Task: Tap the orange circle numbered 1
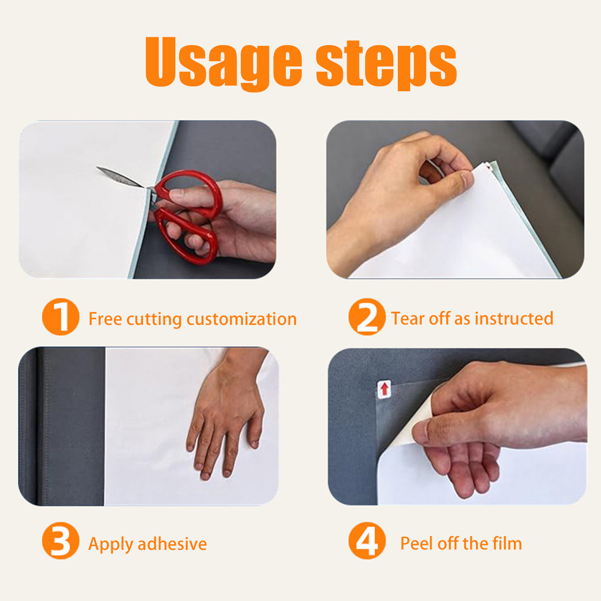[x=61, y=317]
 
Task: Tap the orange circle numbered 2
[x=367, y=317]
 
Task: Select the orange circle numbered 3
[x=61, y=541]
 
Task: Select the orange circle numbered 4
[x=367, y=541]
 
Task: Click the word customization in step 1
[x=242, y=319]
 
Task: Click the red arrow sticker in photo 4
[x=384, y=389]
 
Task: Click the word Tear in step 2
[x=408, y=318]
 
